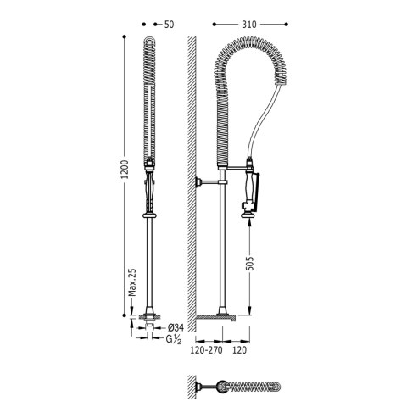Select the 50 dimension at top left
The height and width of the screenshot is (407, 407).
coord(170,25)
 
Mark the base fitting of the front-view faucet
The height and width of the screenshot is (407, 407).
coord(150,321)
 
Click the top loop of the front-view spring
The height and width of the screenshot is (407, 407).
coord(150,41)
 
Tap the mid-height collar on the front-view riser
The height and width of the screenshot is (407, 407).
coord(150,216)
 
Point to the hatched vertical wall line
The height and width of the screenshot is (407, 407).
coord(192,170)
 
